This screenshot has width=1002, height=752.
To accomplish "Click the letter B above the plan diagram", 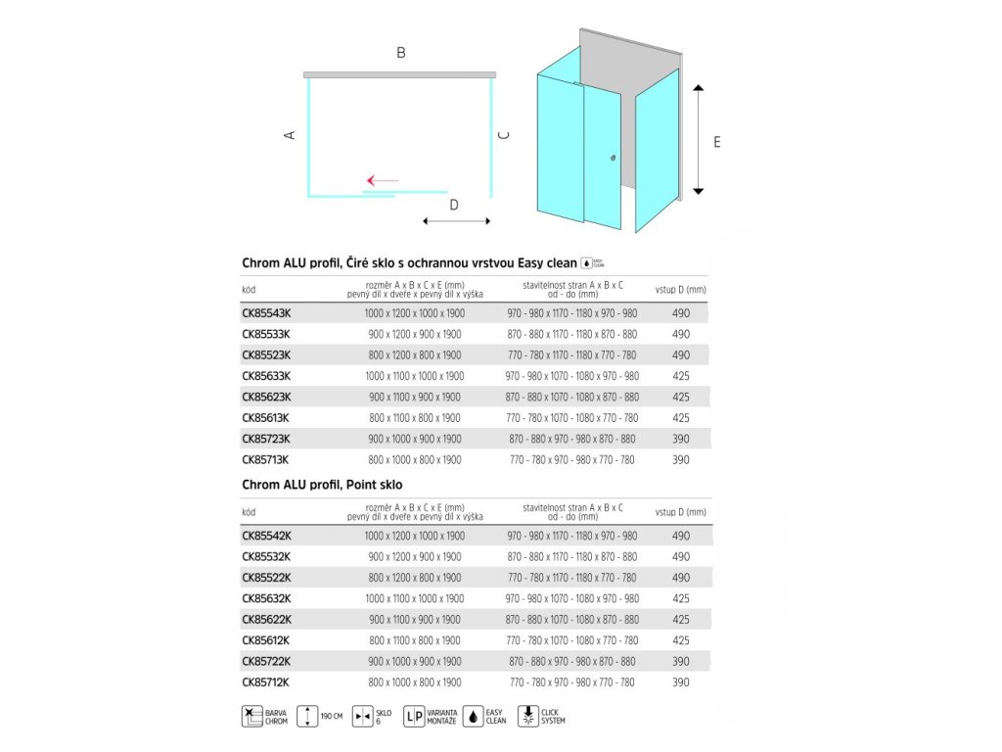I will (401, 53).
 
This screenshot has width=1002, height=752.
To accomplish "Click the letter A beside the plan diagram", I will (290, 135).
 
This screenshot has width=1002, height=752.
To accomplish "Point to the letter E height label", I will (717, 142).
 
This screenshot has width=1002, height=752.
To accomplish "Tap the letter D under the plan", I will (454, 205).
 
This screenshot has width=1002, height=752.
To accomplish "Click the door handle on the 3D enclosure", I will (614, 158).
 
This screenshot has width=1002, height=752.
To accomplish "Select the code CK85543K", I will (266, 313).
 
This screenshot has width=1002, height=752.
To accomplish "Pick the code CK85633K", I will (266, 376).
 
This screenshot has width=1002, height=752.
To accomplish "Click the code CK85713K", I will (266, 459).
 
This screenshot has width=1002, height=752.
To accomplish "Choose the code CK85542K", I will (266, 536).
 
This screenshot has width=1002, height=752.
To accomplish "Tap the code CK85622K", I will (266, 619).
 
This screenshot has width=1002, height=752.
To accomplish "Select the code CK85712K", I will (266, 681).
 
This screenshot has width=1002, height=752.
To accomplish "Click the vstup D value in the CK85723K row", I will (681, 439).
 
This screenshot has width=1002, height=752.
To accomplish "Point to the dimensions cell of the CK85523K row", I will (415, 355).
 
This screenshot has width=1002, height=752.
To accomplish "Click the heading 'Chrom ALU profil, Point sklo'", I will (322, 485).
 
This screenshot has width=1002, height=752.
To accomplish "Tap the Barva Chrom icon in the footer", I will (252, 716).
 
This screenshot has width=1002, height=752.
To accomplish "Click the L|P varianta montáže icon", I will (413, 716).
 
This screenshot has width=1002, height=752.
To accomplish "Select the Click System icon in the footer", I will (529, 716).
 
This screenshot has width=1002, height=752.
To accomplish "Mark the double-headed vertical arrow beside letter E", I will (698, 140).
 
